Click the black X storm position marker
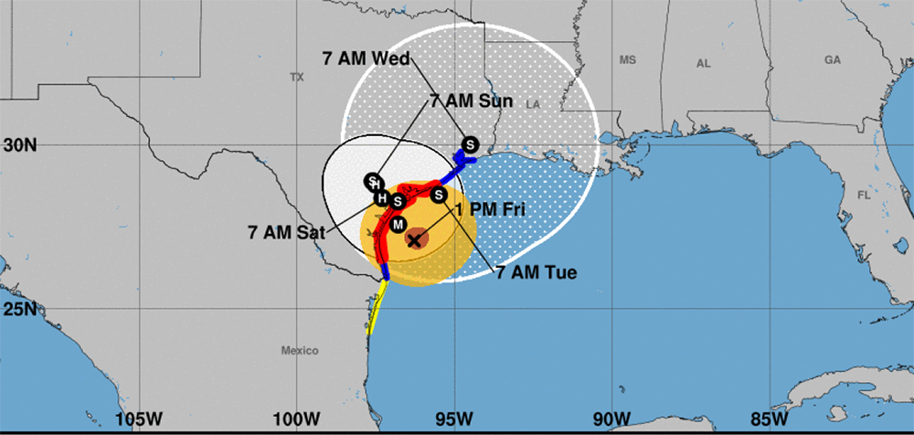414,240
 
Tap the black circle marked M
398,224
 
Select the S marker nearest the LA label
470,144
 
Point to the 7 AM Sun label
473,101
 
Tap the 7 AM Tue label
537,271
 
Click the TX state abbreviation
296,78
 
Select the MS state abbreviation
627,60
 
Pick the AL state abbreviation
703,64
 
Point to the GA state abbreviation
832,59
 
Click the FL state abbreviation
865,196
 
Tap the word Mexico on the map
299,351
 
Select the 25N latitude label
19,309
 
